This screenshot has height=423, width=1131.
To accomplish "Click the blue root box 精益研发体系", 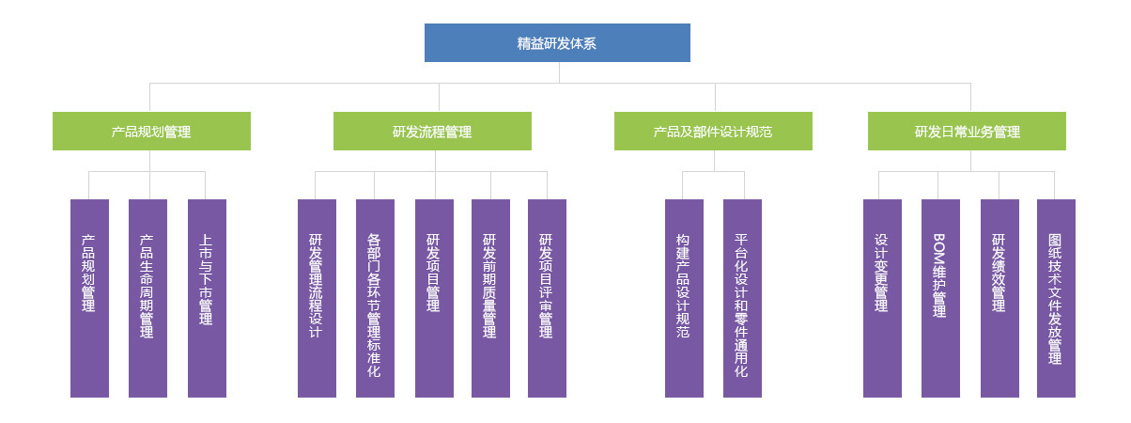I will click(x=557, y=43).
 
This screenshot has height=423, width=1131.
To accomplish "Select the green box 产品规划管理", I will click(x=151, y=132).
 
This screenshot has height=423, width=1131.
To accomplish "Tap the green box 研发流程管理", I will click(x=432, y=132).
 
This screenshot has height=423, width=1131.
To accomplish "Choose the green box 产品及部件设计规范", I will click(x=713, y=132).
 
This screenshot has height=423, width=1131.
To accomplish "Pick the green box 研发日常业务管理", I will click(x=967, y=132).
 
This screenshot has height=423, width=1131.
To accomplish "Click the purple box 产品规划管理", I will click(x=89, y=298).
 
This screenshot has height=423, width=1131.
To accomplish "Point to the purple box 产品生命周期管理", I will click(x=147, y=298).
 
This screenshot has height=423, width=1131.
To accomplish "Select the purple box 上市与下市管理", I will click(x=207, y=298).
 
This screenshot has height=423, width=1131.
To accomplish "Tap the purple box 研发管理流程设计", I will click(x=317, y=298).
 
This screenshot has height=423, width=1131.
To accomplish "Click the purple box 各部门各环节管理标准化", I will click(x=375, y=298).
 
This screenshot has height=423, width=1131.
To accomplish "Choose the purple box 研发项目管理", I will click(x=434, y=298).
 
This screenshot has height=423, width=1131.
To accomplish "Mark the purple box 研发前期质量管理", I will click(x=490, y=298).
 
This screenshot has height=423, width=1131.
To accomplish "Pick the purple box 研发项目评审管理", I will click(x=547, y=298).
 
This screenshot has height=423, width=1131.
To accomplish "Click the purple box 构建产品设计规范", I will click(x=684, y=298).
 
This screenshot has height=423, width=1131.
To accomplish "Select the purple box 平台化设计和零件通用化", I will click(x=742, y=298).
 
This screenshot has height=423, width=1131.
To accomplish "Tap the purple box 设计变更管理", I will click(x=882, y=298).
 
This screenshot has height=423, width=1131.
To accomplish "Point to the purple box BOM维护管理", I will click(x=940, y=298).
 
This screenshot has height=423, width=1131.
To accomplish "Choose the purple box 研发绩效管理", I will click(x=999, y=298).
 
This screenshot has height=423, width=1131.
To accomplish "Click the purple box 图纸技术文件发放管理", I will click(x=1056, y=298).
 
